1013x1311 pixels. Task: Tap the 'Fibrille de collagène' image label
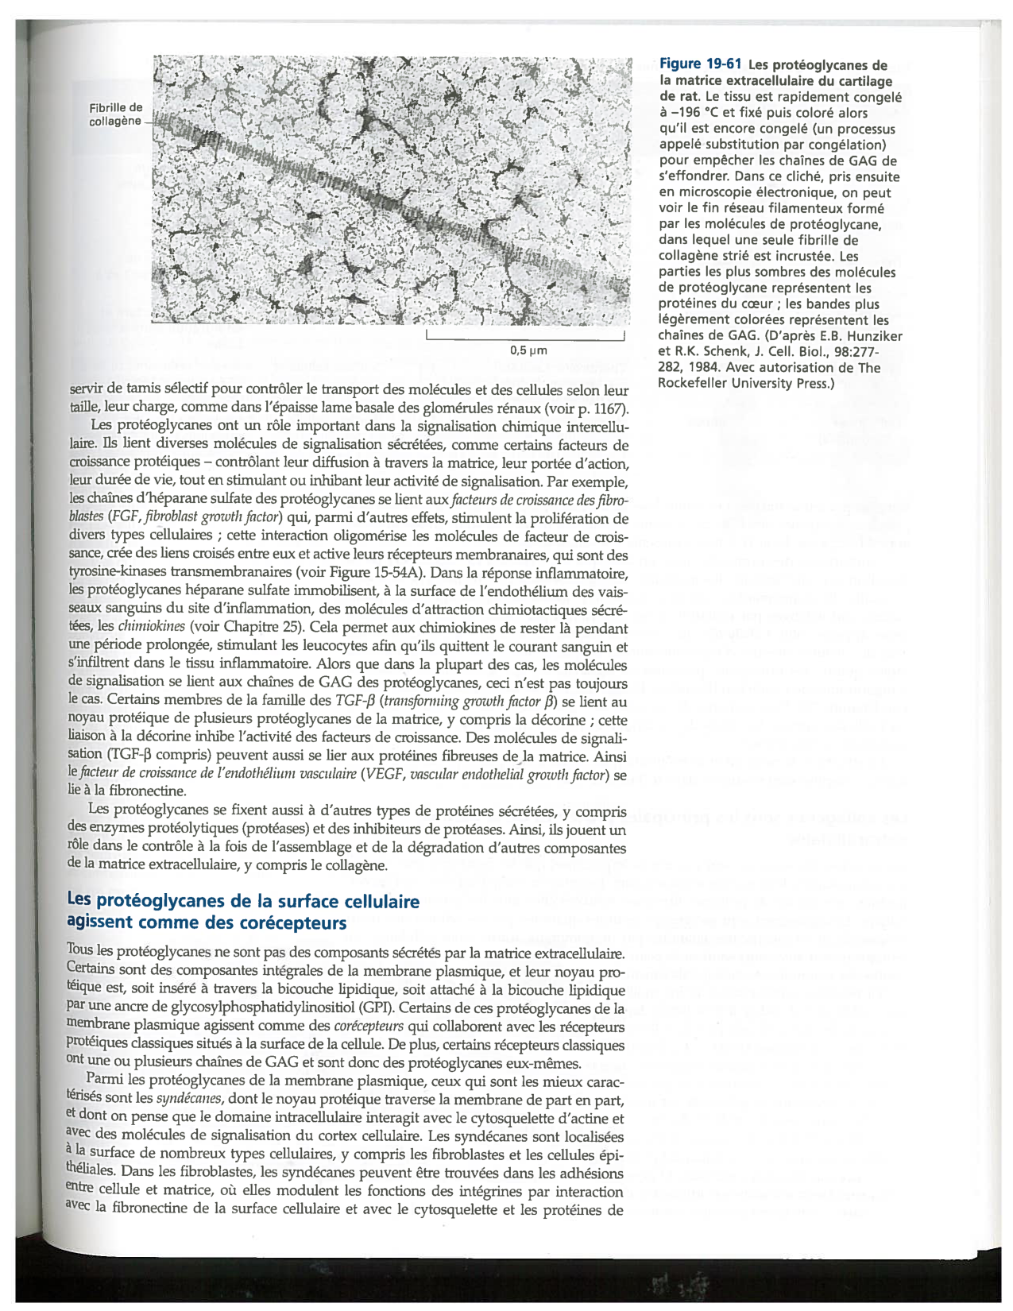click(x=115, y=114)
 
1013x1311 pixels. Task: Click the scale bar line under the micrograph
click(x=524, y=339)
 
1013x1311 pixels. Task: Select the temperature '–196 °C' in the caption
click(x=697, y=113)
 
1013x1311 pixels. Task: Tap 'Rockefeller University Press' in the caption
click(x=743, y=384)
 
